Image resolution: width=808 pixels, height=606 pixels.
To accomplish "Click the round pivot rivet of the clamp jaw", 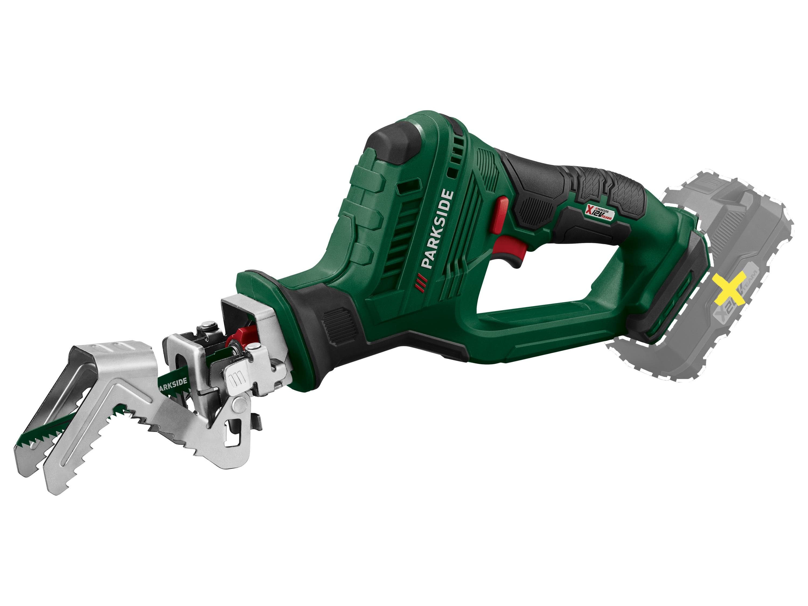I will [240, 403].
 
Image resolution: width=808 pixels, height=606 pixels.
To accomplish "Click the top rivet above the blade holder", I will [208, 324].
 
